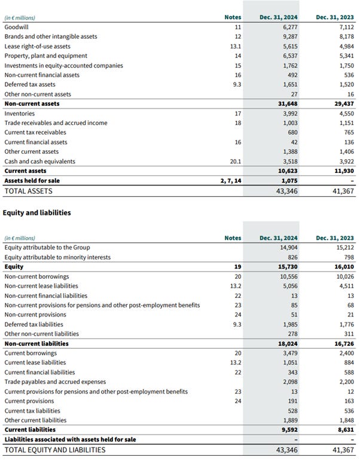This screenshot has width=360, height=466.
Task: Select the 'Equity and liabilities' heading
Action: [x=37, y=212]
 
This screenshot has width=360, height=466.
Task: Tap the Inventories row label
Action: [x=19, y=114]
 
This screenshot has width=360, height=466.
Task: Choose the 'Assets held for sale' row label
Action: [x=32, y=181]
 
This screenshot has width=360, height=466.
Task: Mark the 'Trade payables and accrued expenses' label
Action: [x=55, y=382]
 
